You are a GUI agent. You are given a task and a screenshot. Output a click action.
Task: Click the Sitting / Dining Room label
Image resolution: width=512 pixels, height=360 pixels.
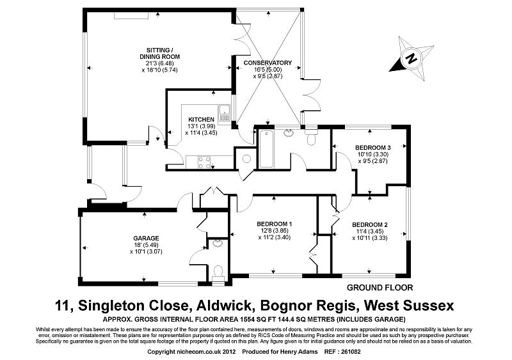coord(159,53)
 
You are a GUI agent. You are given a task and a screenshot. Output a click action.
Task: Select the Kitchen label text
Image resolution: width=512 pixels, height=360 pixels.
coord(201,120)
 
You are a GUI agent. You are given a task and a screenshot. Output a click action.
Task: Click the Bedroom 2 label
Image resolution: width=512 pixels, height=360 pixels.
coord(370,225)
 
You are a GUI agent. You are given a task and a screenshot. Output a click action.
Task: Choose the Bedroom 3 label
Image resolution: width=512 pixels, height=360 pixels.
coord(372,148)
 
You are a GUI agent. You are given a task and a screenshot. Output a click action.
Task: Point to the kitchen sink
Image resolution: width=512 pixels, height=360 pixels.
coord(225,116)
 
